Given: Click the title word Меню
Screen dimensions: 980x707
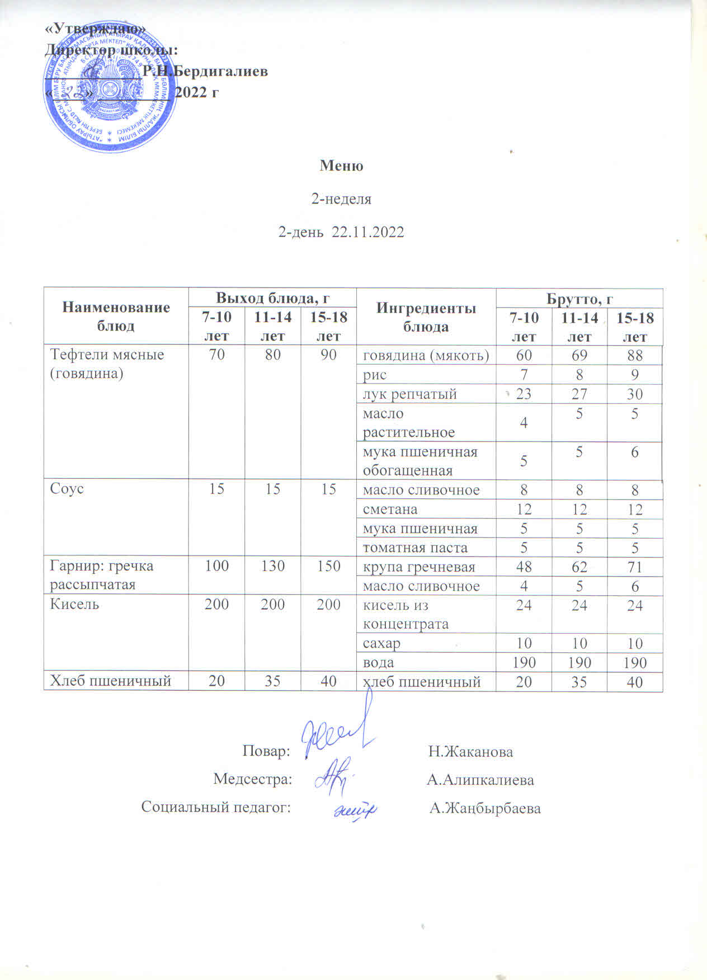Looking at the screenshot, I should click(x=341, y=166).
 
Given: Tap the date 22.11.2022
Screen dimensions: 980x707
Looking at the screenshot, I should click(x=367, y=232).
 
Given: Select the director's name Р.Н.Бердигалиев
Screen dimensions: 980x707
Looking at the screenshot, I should click(x=205, y=71).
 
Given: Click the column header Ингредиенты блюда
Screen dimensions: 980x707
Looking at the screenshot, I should click(x=426, y=317).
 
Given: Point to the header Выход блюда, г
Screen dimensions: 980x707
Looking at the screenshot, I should click(x=272, y=297).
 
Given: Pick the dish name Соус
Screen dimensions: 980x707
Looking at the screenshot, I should click(x=67, y=488).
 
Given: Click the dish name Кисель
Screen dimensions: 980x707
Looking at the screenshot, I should click(x=74, y=604).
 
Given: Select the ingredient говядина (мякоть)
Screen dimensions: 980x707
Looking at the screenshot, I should click(x=426, y=355).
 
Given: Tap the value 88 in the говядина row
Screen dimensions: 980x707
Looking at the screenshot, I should click(x=634, y=355).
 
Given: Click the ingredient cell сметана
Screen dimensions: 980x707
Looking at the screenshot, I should click(x=390, y=509).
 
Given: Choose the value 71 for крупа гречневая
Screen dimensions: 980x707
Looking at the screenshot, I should click(x=634, y=567).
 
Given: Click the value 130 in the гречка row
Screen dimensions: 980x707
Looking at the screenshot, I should click(x=272, y=566).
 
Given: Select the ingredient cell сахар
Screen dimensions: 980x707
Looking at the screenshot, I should click(x=381, y=643).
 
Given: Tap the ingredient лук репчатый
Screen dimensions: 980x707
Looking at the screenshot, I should click(x=409, y=394).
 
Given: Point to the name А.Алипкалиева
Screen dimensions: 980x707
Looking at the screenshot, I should click(x=480, y=780).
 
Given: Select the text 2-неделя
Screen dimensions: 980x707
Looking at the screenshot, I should click(x=341, y=199).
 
